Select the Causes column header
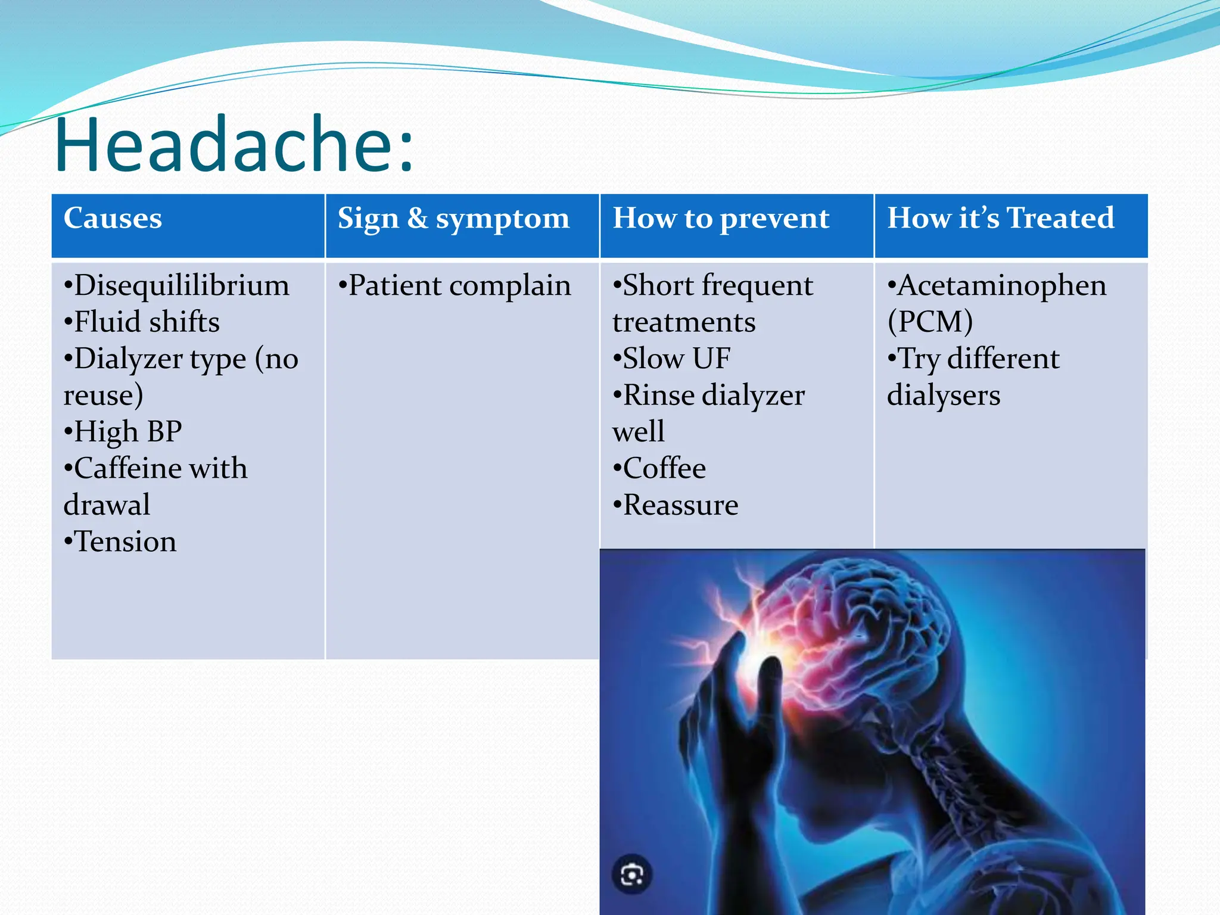tap(113, 218)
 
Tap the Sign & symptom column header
tap(453, 219)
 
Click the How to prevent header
tap(721, 219)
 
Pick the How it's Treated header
tap(1000, 218)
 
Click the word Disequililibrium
tap(181, 285)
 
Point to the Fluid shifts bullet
tap(146, 322)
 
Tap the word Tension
tap(125, 542)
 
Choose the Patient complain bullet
tap(459, 285)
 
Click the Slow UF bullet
tap(676, 359)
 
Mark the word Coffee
tap(664, 468)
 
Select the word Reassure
tap(680, 505)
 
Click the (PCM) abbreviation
tap(930, 322)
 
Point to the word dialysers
tap(944, 396)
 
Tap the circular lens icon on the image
tap(631, 874)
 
